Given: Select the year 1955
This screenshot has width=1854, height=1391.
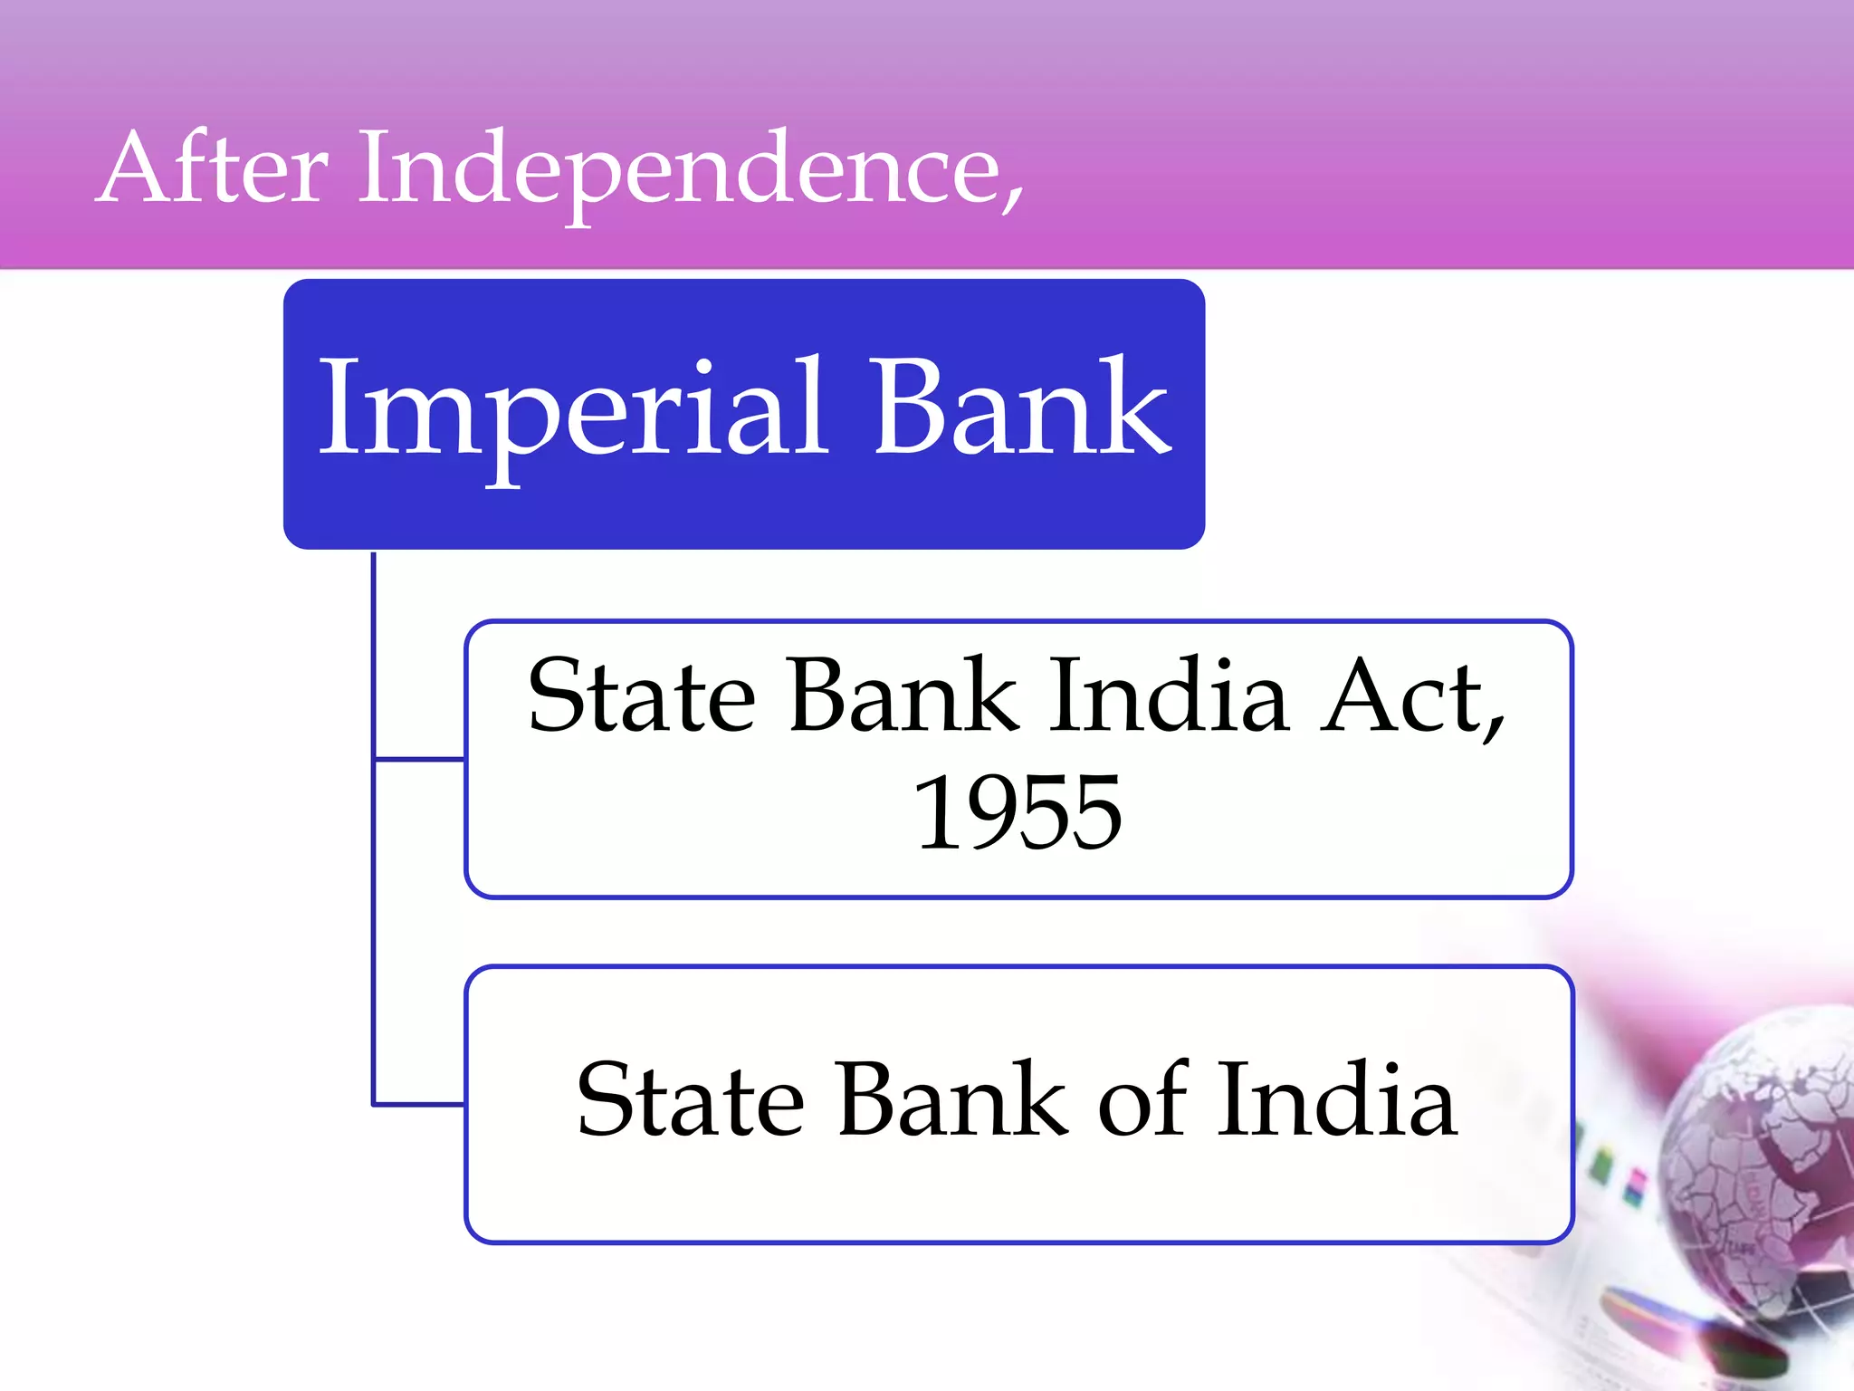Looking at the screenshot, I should [1018, 812].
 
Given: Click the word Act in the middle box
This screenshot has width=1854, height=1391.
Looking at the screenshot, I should [1399, 695].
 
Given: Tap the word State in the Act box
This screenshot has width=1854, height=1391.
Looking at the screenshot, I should [641, 695].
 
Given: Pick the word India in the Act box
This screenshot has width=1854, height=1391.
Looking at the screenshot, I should [1168, 695].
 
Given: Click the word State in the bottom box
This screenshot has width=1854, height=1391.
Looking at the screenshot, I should [690, 1100].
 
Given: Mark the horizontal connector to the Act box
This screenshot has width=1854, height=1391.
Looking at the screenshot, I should [419, 759].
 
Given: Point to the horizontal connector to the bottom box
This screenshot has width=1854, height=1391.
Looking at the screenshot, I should [419, 1104].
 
